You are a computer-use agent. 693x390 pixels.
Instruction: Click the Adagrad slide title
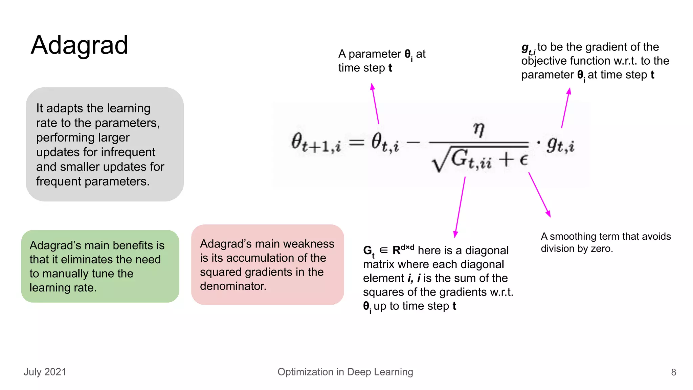(x=79, y=45)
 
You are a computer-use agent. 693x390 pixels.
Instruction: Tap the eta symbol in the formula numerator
(x=478, y=129)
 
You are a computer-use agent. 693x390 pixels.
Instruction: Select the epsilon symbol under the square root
(x=523, y=159)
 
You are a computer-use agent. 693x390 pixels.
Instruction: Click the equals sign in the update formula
(x=357, y=142)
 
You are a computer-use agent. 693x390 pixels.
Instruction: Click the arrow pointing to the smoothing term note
(x=539, y=194)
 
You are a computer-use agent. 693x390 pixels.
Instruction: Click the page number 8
(x=673, y=372)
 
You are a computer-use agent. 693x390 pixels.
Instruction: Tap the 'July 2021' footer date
(x=45, y=372)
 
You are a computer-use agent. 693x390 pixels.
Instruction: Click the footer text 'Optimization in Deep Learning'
(x=345, y=372)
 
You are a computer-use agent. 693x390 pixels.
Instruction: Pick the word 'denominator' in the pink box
(x=233, y=286)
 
